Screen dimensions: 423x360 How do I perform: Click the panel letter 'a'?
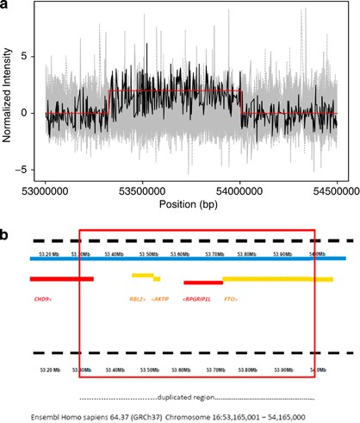[7, 7]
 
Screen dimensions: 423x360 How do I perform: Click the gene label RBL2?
[137, 299]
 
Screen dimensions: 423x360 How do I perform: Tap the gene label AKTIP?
[160, 299]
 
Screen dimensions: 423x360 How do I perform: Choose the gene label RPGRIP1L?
[198, 299]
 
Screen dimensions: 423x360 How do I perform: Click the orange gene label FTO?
[230, 299]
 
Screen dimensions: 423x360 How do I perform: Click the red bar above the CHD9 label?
[61, 278]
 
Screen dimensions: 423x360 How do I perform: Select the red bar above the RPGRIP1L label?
[203, 282]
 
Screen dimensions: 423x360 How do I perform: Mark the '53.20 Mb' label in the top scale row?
[49, 254]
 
